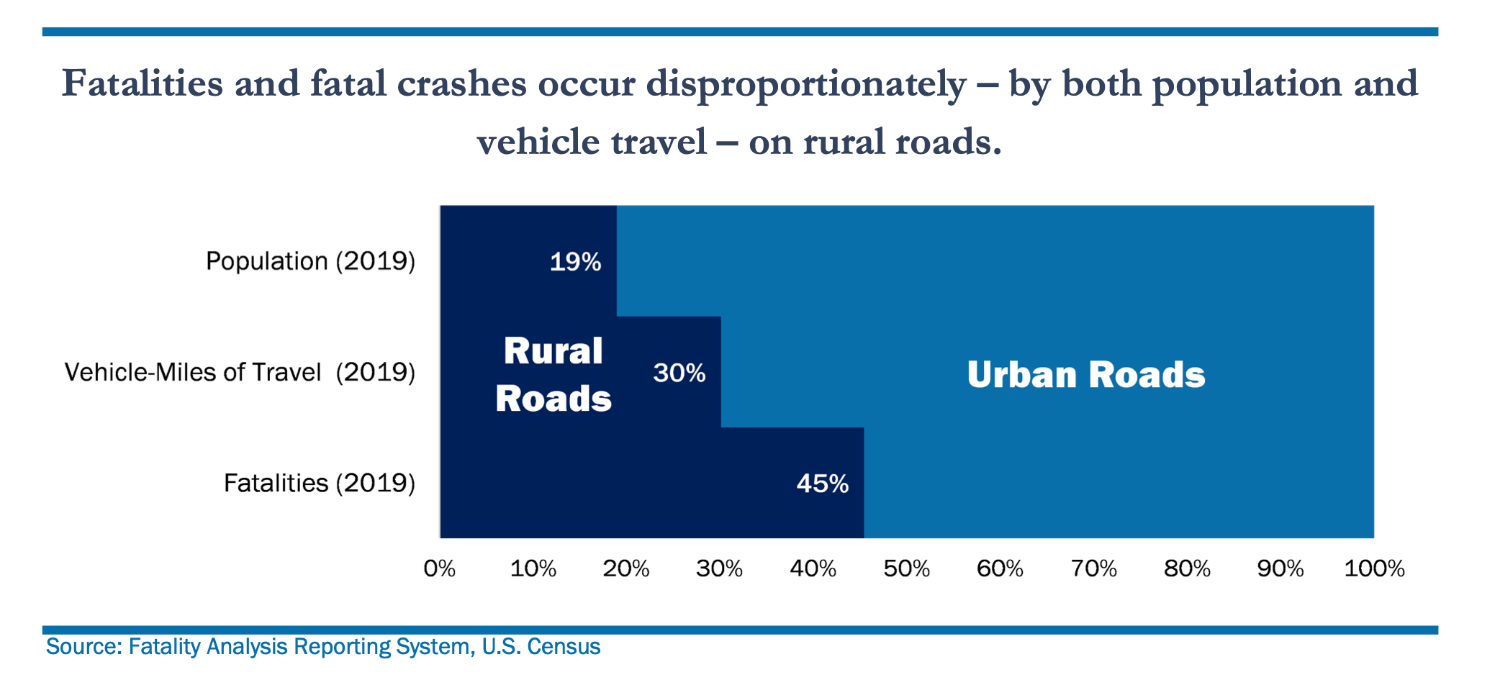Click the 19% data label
575,262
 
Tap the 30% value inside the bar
679,373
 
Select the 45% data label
822,484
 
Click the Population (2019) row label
310,260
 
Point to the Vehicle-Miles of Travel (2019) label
240,372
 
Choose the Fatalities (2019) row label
319,483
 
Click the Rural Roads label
553,375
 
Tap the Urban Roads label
1085,375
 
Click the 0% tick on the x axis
439,569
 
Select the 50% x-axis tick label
906,569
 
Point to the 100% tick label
1374,569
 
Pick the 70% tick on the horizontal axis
1093,569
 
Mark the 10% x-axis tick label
533,569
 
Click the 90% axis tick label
1280,569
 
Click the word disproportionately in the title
805,85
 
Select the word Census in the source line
564,647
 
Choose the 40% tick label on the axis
813,569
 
